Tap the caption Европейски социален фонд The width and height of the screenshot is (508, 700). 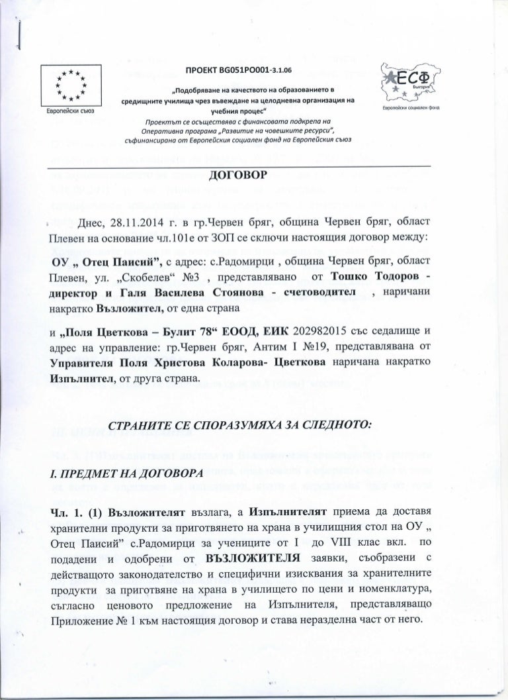click(x=407, y=106)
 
